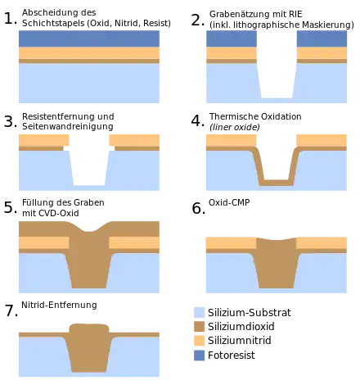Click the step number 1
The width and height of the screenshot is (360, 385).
tap(11, 19)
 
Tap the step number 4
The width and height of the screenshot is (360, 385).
tap(198, 121)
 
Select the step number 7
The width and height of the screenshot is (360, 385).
tap(11, 310)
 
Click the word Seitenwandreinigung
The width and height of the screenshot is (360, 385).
tap(68, 126)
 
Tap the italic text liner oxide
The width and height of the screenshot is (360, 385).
tap(235, 127)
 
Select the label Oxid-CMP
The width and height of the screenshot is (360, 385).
tap(229, 202)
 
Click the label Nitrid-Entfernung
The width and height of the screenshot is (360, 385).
tap(59, 305)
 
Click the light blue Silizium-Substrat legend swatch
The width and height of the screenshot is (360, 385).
tap(199, 312)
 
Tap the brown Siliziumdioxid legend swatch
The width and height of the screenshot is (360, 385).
tap(199, 327)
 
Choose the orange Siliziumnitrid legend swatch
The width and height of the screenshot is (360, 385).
tap(199, 341)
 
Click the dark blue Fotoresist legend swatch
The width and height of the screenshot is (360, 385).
tap(199, 356)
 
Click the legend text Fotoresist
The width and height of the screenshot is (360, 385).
tap(232, 356)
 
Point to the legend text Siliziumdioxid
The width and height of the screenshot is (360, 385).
tap(241, 327)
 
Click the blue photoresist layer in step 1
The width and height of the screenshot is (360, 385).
tap(89, 38)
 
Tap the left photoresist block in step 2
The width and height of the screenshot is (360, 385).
tap(232, 38)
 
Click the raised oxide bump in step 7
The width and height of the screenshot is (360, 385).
tap(89, 328)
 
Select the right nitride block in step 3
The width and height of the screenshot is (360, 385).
tap(134, 140)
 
